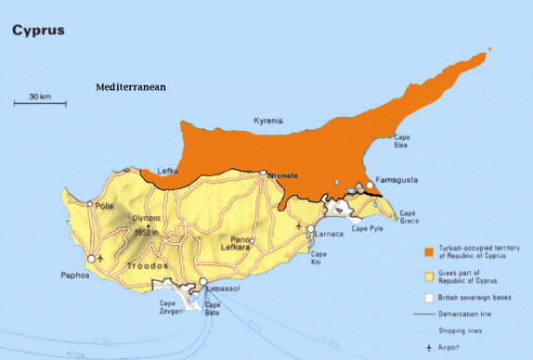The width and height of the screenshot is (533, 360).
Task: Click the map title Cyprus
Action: pos(38,30)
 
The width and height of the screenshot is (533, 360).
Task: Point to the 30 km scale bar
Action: pos(39,101)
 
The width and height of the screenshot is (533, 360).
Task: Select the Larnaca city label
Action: pos(330,234)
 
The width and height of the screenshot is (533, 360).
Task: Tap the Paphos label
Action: pos(74,275)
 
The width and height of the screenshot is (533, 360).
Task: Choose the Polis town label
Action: pos(103,203)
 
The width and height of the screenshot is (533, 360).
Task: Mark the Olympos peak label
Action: pos(147,218)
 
